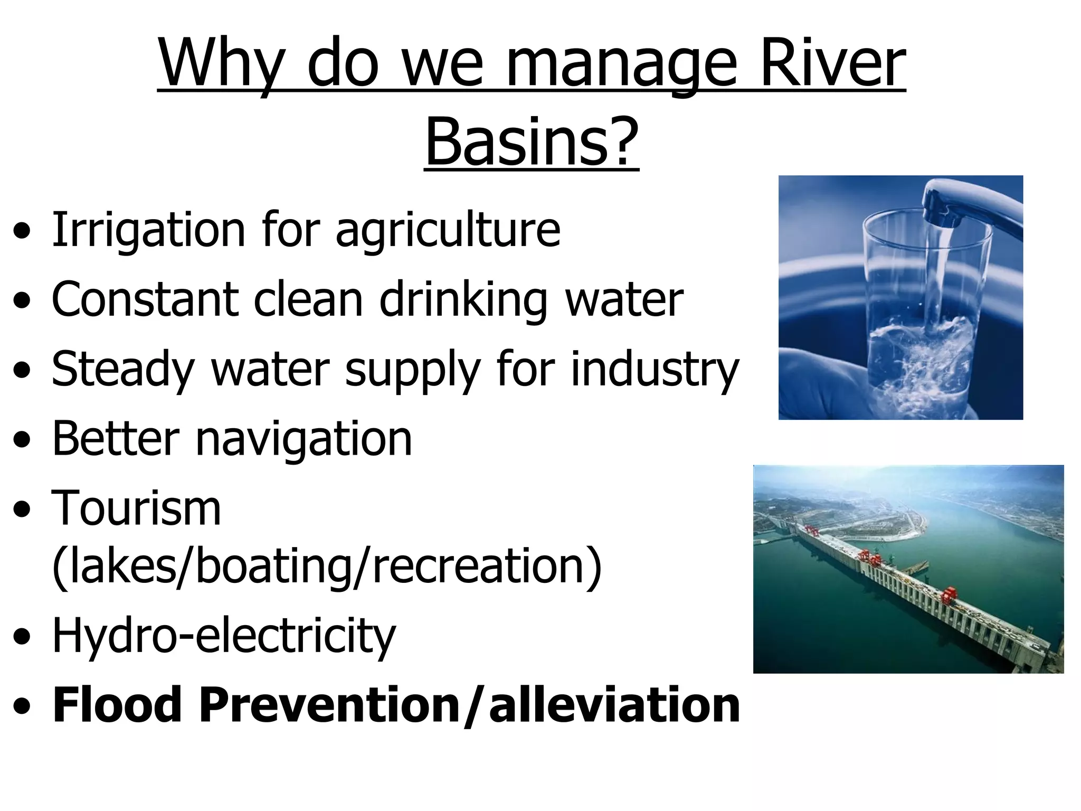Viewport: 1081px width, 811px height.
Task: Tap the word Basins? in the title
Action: pyautogui.click(x=532, y=143)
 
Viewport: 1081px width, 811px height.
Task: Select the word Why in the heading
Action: pyautogui.click(x=222, y=66)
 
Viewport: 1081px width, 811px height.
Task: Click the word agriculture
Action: pyautogui.click(x=448, y=231)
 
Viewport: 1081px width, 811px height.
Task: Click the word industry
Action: pyautogui.click(x=655, y=370)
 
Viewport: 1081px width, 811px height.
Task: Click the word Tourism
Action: pyautogui.click(x=136, y=508)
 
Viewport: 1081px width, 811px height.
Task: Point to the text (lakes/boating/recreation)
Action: pyautogui.click(x=327, y=567)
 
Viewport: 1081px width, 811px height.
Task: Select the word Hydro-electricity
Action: pyautogui.click(x=224, y=636)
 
